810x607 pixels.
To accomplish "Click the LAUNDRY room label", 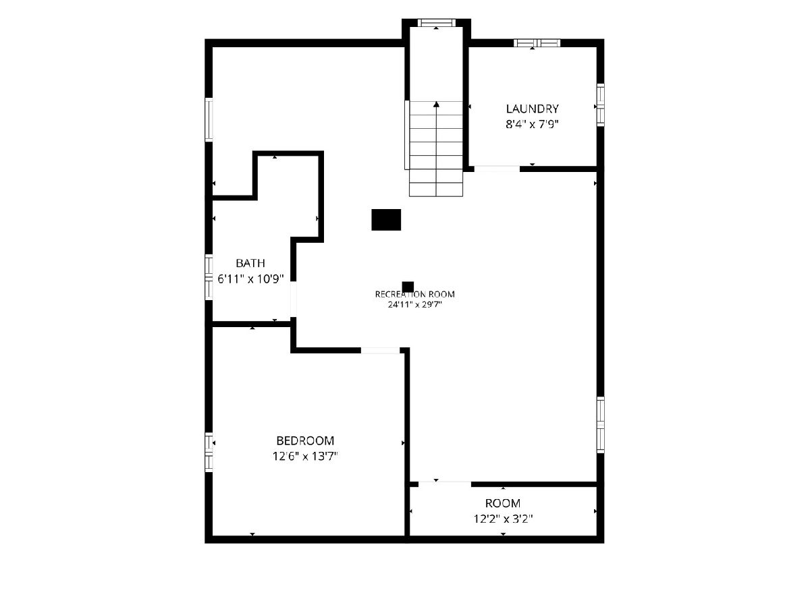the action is click(x=532, y=109).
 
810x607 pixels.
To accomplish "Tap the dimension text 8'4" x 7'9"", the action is click(x=532, y=124).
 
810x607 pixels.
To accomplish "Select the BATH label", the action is click(x=250, y=263).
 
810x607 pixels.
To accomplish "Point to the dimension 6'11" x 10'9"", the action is click(x=250, y=279).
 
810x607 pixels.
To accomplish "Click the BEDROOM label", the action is click(x=305, y=440).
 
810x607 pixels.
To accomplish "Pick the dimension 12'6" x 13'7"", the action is click(x=305, y=457).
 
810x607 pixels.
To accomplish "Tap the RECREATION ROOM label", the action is click(x=414, y=294).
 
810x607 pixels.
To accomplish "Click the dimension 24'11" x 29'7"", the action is click(x=414, y=304).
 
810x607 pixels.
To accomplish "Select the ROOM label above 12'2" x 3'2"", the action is click(x=503, y=503).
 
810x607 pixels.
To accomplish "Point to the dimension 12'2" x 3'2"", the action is click(x=503, y=519).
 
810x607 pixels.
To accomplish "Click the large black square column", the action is click(x=386, y=220).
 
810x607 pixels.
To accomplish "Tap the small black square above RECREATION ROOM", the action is click(x=408, y=287).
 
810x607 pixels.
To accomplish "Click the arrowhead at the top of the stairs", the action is click(x=437, y=105).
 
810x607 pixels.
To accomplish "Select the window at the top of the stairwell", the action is click(x=437, y=23).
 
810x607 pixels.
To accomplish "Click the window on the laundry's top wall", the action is click(x=537, y=42).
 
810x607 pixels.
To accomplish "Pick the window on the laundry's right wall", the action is click(x=600, y=105).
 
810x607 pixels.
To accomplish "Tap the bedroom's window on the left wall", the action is click(x=209, y=452).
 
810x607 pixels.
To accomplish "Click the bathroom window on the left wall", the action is click(x=209, y=277).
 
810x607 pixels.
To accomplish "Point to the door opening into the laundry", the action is click(x=497, y=169).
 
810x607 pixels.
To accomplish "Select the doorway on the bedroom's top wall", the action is click(x=380, y=351).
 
